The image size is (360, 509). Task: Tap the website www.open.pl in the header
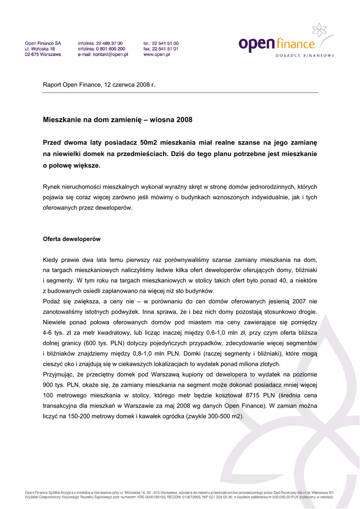coord(157,55)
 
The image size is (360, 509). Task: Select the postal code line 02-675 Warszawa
coord(43,55)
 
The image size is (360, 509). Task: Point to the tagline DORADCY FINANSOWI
coord(305,55)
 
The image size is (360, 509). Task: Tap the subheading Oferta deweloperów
coord(72,239)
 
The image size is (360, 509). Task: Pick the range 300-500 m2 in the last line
coord(220,416)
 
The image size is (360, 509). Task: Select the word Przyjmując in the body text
coord(59,374)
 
